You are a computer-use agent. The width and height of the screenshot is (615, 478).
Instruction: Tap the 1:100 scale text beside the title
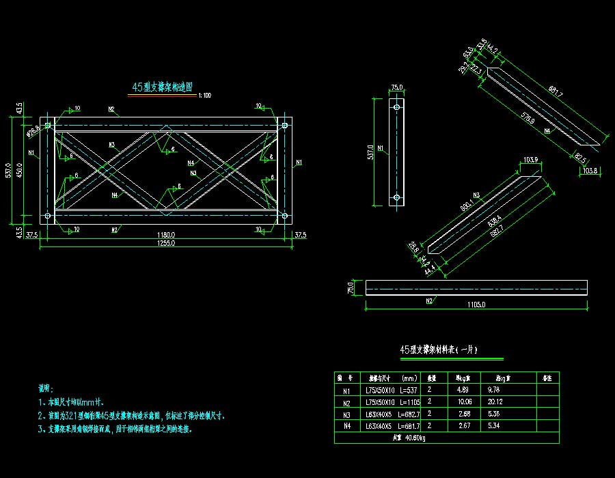(x=204, y=96)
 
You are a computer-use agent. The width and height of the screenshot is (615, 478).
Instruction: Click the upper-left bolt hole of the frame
(x=49, y=126)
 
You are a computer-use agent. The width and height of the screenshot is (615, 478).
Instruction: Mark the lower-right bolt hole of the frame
(x=284, y=216)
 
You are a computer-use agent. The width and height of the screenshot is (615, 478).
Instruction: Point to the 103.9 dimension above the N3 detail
(x=531, y=160)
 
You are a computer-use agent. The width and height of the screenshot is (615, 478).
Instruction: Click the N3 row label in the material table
(x=346, y=414)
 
